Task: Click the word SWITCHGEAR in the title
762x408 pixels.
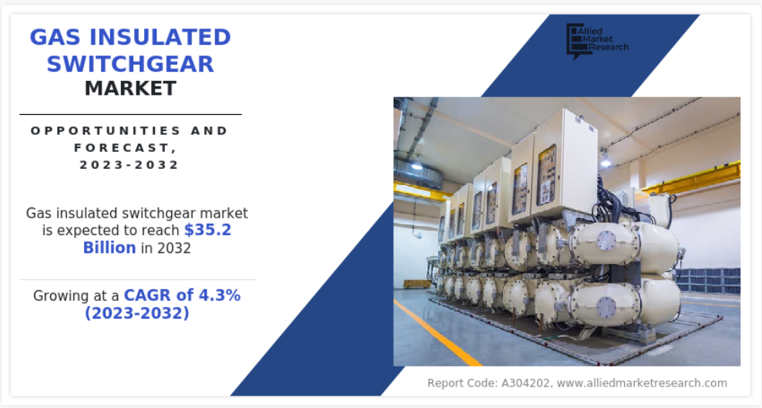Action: click(130, 64)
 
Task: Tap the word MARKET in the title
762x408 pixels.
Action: click(130, 89)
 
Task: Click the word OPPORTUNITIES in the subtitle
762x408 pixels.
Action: click(99, 131)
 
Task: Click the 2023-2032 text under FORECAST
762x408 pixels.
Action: click(129, 165)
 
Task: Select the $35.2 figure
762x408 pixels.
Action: click(207, 230)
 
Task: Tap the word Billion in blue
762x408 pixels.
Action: click(109, 248)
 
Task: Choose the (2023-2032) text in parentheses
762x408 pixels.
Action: click(137, 312)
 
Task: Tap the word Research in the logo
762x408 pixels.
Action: click(609, 47)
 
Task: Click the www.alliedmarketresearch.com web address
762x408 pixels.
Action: click(642, 383)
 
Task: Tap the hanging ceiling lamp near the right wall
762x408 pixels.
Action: click(605, 159)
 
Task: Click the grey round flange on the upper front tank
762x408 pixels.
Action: click(606, 241)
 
